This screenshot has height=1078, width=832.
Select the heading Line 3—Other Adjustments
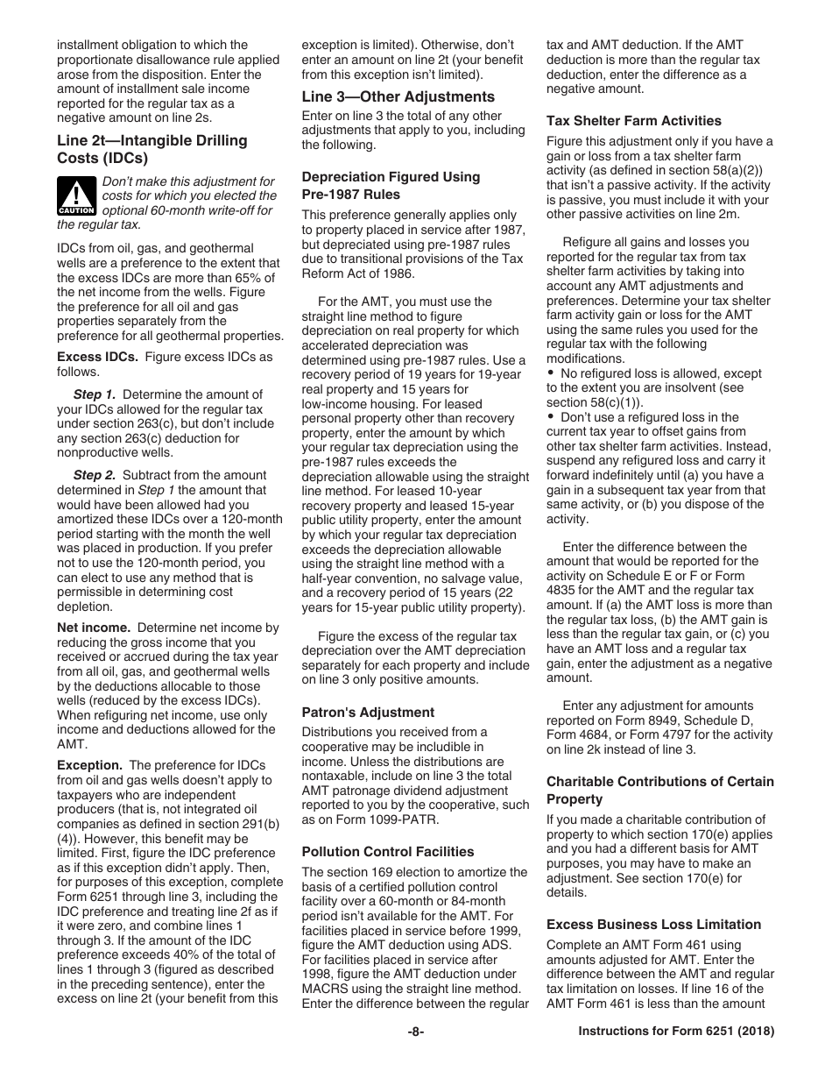point(398,96)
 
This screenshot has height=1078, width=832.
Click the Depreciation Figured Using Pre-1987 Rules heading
point(391,186)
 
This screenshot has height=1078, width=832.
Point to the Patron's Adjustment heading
point(368,713)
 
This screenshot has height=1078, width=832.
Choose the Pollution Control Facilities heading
point(388,851)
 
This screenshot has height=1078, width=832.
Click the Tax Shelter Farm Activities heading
point(634,121)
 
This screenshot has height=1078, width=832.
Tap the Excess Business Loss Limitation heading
point(653,924)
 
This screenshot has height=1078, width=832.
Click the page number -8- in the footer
point(416,1032)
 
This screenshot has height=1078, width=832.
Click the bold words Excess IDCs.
point(97,357)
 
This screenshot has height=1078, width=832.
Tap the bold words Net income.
point(94,628)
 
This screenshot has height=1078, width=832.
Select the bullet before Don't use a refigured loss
point(551,417)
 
